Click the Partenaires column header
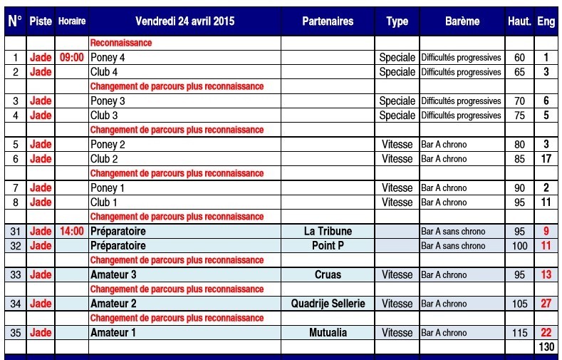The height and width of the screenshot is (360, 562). tap(328, 21)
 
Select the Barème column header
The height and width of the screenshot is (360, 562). tap(462, 21)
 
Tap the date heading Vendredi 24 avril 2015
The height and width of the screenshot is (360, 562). tap(184, 21)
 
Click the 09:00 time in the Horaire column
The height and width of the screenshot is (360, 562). tap(71, 58)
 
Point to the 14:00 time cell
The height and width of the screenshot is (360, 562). tap(71, 232)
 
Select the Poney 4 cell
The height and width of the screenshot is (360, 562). tap(108, 58)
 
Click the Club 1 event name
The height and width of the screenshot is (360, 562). tap(104, 202)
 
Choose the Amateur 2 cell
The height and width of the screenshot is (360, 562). tap(113, 304)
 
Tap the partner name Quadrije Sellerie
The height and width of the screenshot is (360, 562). tap(328, 304)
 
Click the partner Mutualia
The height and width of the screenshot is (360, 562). tap(328, 333)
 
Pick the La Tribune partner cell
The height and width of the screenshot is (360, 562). tap(328, 232)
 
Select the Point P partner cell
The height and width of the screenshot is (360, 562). tap(328, 246)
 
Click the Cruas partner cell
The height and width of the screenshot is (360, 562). tap(328, 275)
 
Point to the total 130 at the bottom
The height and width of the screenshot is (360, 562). tap(546, 346)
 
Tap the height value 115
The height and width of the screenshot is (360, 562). tap(519, 333)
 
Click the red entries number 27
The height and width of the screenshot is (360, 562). tap(546, 304)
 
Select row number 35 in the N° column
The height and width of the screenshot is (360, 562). tap(15, 333)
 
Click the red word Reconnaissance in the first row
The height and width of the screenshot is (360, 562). tap(121, 43)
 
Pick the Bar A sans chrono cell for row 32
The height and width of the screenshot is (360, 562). tap(453, 246)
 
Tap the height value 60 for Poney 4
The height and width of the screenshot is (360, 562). tap(519, 58)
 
